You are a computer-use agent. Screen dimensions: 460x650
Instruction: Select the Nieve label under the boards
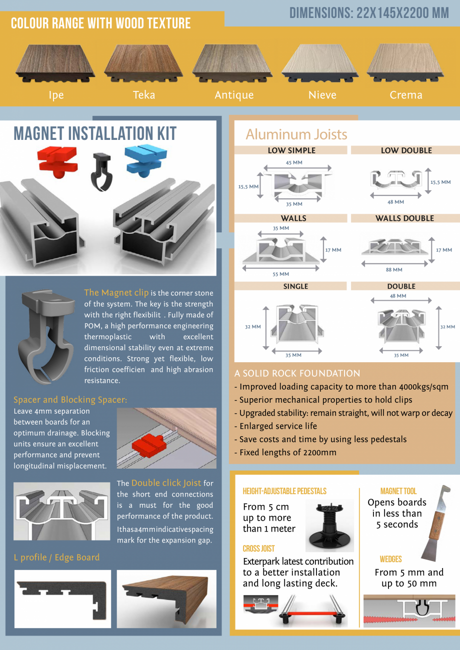322,95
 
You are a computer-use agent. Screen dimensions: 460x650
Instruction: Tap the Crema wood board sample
405,63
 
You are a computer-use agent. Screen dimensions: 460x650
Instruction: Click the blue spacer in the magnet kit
145,160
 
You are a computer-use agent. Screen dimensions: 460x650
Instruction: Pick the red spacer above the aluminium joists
58,161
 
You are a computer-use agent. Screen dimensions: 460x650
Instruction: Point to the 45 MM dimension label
294,162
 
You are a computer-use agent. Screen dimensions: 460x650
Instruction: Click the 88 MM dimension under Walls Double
394,270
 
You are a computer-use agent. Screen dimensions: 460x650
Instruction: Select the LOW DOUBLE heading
406,150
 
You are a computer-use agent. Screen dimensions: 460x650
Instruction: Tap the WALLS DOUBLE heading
404,218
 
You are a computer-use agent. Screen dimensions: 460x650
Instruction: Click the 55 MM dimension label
281,274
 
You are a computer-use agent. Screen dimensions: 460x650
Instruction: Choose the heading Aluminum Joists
296,134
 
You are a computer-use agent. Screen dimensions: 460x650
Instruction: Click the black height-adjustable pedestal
329,526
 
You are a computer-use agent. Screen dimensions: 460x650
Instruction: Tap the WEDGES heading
390,559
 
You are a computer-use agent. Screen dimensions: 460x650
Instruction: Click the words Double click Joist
166,483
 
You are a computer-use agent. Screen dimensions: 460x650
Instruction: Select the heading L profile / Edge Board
56,558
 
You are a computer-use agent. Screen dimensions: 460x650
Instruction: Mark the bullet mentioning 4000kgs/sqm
341,387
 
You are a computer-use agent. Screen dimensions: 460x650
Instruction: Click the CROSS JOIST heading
258,549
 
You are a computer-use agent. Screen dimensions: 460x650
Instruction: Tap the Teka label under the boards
144,95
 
